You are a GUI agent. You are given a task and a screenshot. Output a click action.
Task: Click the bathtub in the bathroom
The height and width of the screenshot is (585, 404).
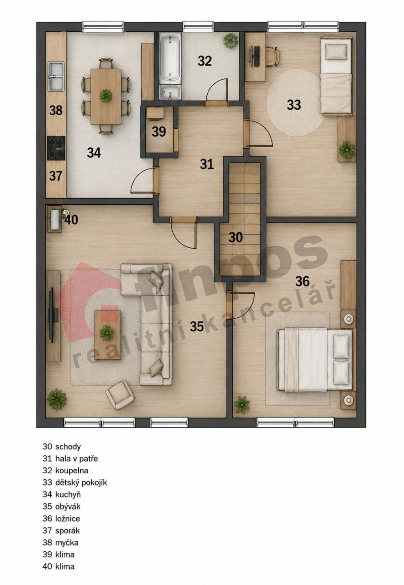[x=170, y=58]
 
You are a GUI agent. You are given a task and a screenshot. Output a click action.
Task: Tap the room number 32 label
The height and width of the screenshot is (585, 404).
[x=204, y=61]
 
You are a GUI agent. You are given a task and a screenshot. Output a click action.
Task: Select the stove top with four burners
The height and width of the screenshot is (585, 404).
[x=56, y=148]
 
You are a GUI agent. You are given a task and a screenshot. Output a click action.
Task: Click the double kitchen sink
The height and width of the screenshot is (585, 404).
[x=56, y=77]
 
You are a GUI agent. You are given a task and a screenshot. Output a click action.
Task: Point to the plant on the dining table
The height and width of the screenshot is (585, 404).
[x=106, y=96]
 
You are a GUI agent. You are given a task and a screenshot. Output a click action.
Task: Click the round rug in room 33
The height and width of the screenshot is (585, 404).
[x=295, y=103]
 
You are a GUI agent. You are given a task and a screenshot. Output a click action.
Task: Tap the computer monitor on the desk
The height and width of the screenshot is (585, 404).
[x=251, y=56]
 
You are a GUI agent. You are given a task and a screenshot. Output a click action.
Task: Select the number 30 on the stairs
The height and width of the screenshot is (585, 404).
[x=236, y=237]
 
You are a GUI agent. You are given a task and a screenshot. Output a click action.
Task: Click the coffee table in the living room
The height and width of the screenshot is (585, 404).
[x=107, y=335]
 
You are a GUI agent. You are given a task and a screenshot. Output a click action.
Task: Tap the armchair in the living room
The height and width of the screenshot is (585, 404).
[x=120, y=394]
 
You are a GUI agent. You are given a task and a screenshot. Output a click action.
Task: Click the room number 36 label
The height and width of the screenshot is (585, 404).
[x=302, y=281]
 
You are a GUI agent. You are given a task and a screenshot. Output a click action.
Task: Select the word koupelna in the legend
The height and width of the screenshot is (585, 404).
[x=72, y=470]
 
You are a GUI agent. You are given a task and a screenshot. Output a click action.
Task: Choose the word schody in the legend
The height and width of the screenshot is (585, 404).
[x=68, y=446]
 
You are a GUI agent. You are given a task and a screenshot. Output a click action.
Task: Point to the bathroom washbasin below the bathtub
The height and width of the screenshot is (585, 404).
[x=170, y=93]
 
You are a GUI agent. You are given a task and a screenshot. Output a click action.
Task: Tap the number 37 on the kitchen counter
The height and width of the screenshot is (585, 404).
[x=56, y=176]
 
